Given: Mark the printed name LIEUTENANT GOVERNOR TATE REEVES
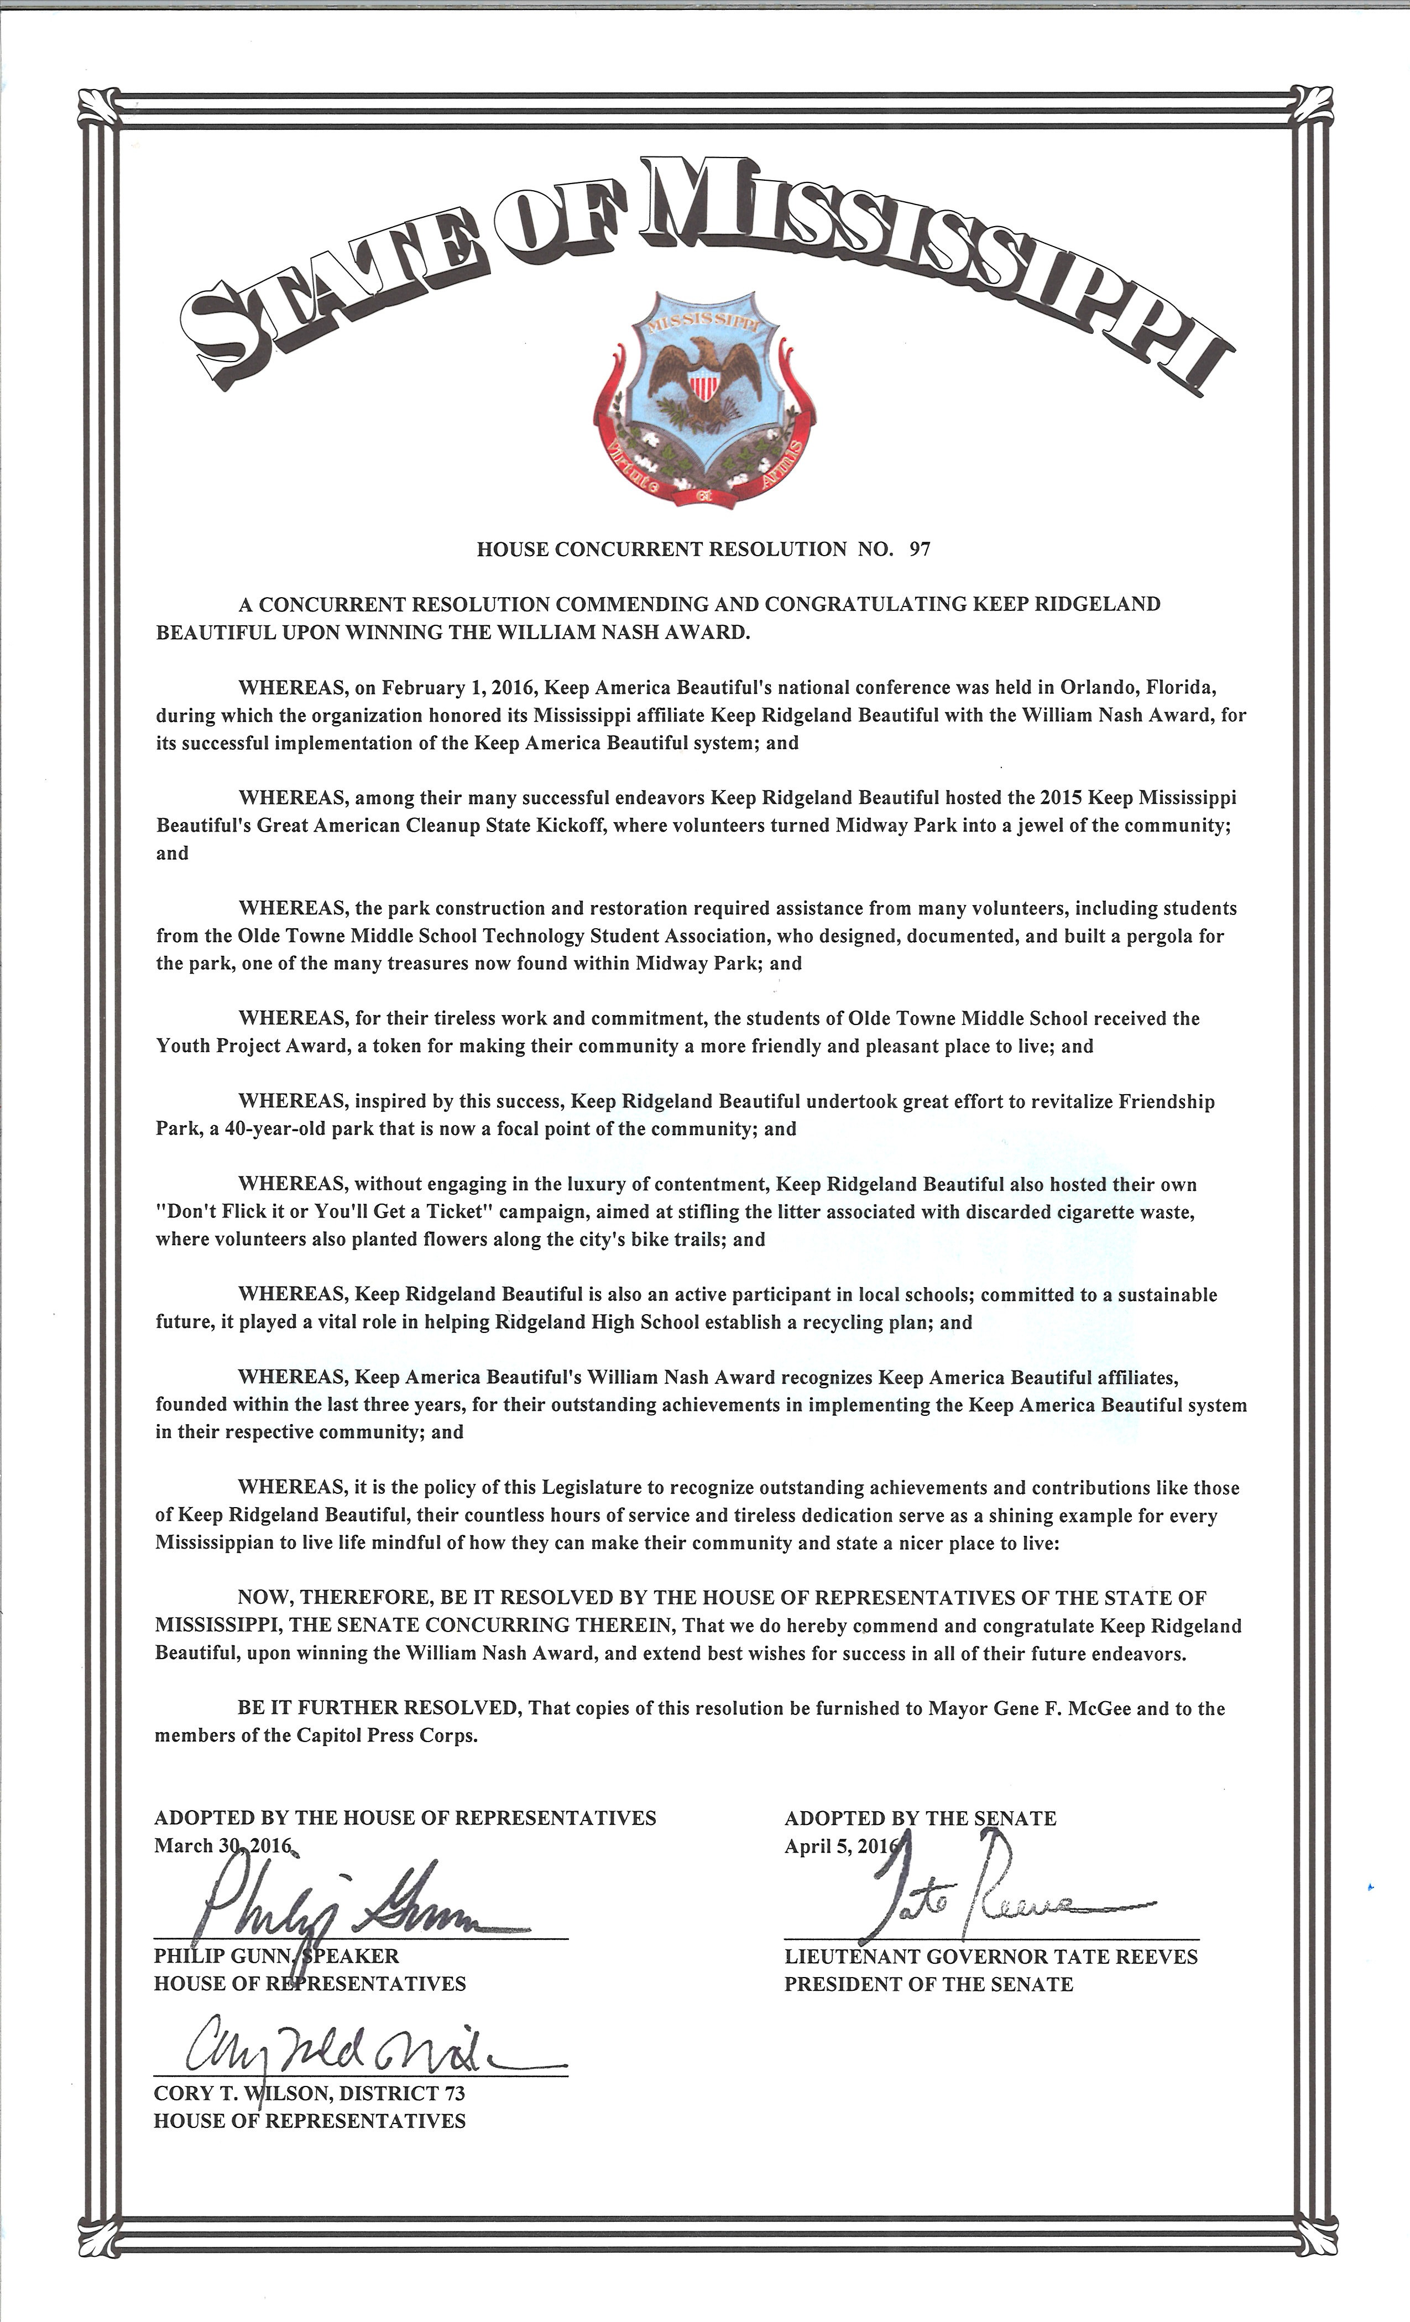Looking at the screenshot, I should point(990,1957).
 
